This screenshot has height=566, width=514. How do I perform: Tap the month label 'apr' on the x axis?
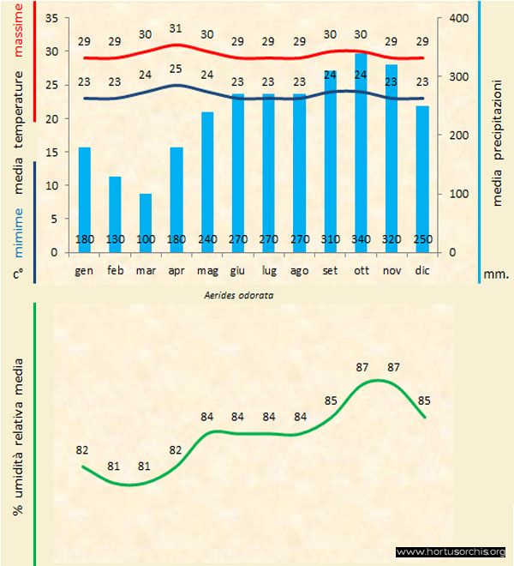coord(176,270)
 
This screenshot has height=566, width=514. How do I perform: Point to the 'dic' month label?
coord(422,270)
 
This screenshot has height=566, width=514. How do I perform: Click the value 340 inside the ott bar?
coord(361,239)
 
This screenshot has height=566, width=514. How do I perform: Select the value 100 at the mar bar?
coord(146,239)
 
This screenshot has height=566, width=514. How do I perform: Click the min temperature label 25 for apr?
coord(176,69)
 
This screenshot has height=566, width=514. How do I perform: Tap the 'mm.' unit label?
coord(497,275)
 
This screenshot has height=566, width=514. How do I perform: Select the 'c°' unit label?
coord(19,274)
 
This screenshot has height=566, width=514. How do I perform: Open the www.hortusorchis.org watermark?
coord(451,551)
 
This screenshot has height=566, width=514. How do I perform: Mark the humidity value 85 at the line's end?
coord(424,400)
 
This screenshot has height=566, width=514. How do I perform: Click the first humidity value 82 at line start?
coord(82,449)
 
